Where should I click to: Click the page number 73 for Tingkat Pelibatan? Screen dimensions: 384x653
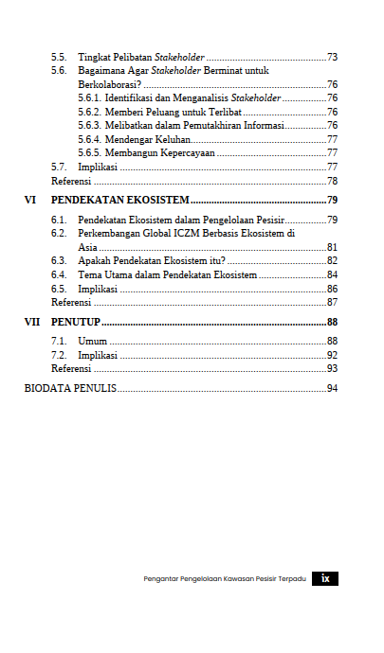pos(332,57)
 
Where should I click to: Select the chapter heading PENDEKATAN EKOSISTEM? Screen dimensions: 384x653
pos(119,201)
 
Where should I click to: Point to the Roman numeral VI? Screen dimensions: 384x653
pos(30,201)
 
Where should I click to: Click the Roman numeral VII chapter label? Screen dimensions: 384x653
pos(32,323)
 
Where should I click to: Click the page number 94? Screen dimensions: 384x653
pos(332,388)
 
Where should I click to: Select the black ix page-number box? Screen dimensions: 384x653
pos(324,578)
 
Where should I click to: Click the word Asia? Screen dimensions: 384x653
pos(87,247)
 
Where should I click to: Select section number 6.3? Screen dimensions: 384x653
pos(59,261)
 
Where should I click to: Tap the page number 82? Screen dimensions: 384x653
pos(332,261)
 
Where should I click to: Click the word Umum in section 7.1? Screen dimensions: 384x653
pos(92,341)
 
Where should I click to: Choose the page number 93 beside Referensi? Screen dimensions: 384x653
pos(332,368)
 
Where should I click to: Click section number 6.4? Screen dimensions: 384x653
pos(59,274)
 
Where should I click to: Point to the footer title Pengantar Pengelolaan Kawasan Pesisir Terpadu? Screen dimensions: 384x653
pos(225,579)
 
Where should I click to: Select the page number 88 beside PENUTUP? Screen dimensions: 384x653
pos(332,323)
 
